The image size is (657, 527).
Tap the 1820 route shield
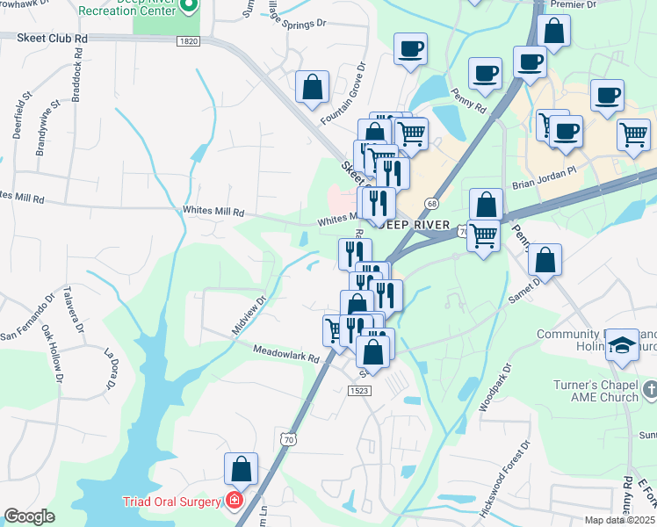point(186,41)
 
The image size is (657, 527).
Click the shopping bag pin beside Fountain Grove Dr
point(313,87)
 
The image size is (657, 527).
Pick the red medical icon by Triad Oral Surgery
point(234,502)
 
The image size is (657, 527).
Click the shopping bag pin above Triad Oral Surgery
point(242,470)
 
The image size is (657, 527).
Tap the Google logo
point(29,516)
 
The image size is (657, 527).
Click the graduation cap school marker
point(622,344)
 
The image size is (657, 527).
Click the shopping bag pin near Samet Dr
point(545,261)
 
